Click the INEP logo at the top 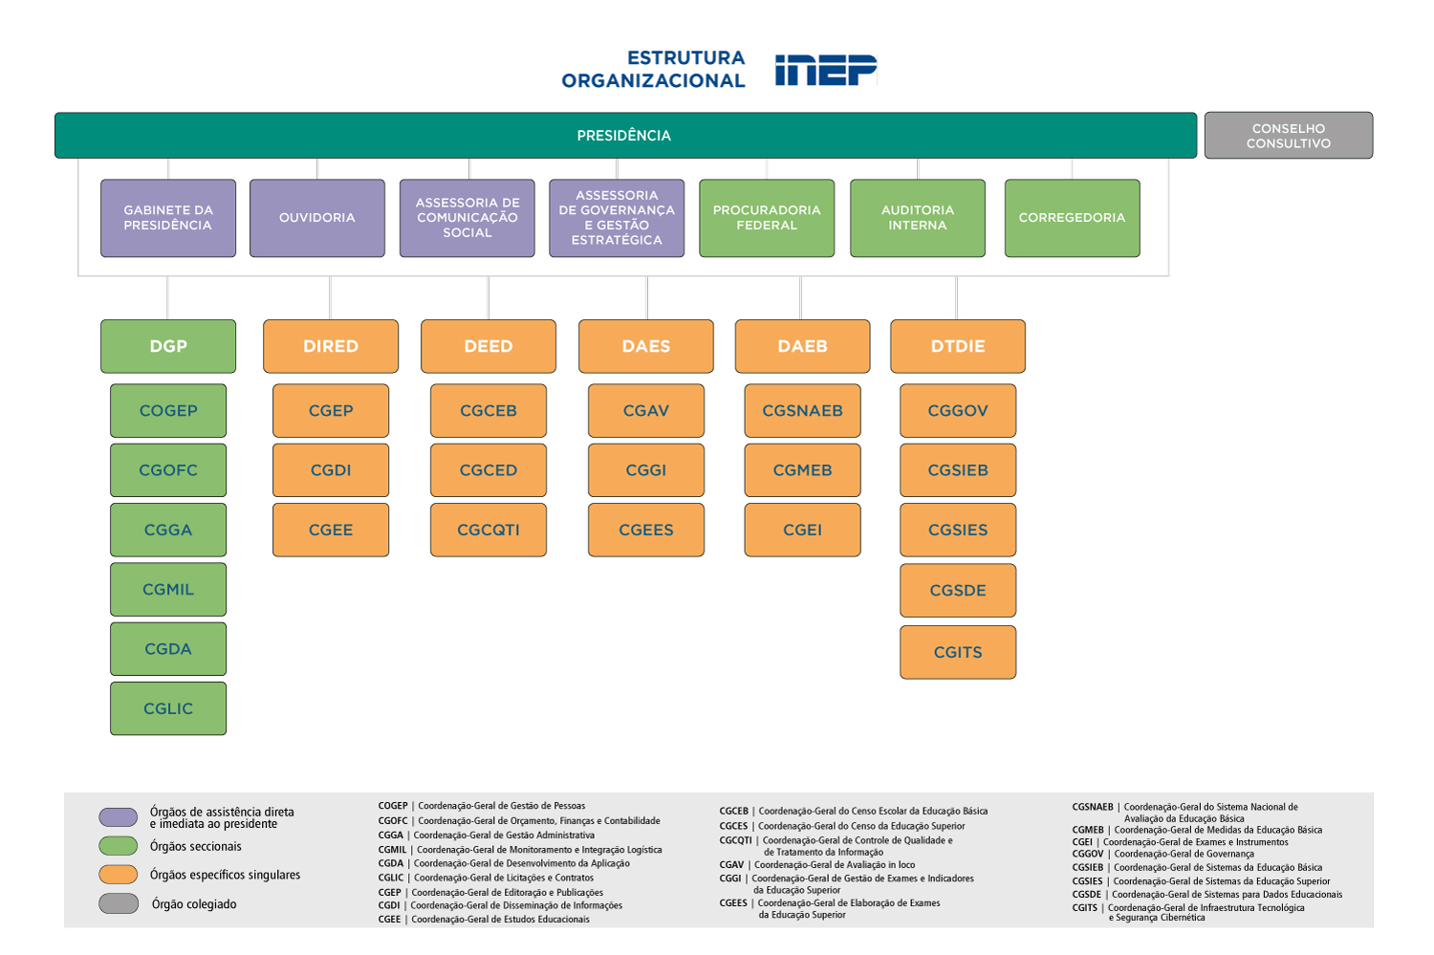825,70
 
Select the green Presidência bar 625,136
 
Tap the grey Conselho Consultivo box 1288,136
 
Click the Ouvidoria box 317,218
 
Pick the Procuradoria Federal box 767,218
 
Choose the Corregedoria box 1072,218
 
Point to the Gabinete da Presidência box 168,218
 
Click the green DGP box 168,346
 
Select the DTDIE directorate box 958,346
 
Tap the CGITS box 958,652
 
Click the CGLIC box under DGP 168,708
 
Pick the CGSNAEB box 802,411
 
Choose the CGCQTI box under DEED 489,530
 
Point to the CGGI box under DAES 646,470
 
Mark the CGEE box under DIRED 331,530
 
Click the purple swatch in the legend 119,817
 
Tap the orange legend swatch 119,875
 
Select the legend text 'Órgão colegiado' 194,904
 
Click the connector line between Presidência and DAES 647,298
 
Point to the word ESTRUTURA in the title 685,58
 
